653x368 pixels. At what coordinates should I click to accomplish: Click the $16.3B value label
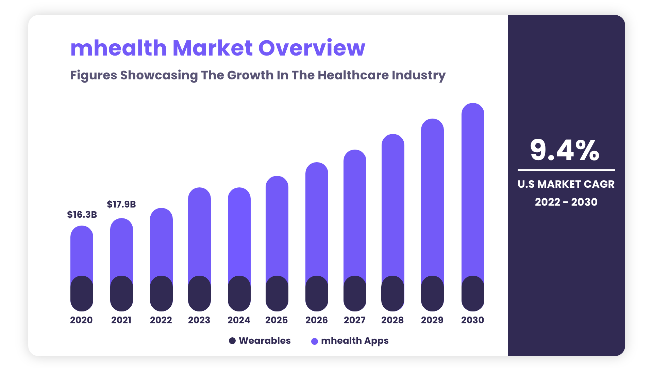[x=82, y=215]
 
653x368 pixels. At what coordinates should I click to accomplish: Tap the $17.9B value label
[x=121, y=204]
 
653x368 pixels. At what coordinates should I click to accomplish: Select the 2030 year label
[x=472, y=320]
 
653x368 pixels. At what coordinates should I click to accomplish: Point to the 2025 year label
[x=277, y=320]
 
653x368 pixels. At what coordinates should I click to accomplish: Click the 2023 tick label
[x=199, y=320]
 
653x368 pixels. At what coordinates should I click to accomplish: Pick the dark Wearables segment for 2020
[x=82, y=294]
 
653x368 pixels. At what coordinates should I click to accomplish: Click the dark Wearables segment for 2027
[x=355, y=294]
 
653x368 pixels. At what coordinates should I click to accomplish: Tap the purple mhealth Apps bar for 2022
[x=161, y=242]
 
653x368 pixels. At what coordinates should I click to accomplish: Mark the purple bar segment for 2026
[x=317, y=218]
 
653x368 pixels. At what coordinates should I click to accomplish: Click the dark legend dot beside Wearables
[x=232, y=341]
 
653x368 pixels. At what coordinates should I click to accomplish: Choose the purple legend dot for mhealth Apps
[x=315, y=341]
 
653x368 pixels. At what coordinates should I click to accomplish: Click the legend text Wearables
[x=265, y=341]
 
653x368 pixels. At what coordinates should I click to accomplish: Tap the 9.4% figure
[x=565, y=150]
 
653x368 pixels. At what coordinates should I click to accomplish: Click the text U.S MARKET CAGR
[x=566, y=184]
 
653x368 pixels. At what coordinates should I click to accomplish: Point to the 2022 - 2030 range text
[x=566, y=202]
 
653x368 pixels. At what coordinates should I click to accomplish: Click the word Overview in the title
[x=312, y=48]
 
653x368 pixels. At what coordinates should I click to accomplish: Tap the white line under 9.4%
[x=566, y=170]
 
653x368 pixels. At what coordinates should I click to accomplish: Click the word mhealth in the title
[x=118, y=48]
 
